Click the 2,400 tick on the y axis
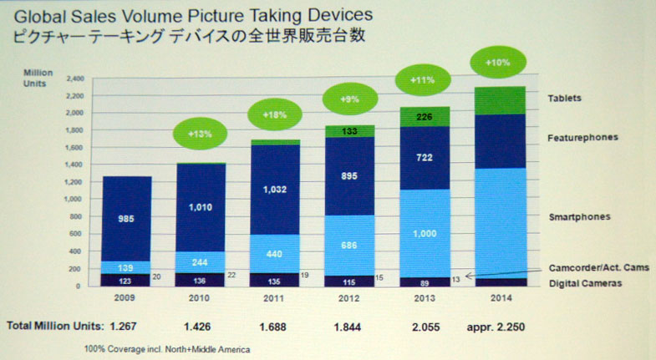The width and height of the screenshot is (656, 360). coord(76,79)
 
